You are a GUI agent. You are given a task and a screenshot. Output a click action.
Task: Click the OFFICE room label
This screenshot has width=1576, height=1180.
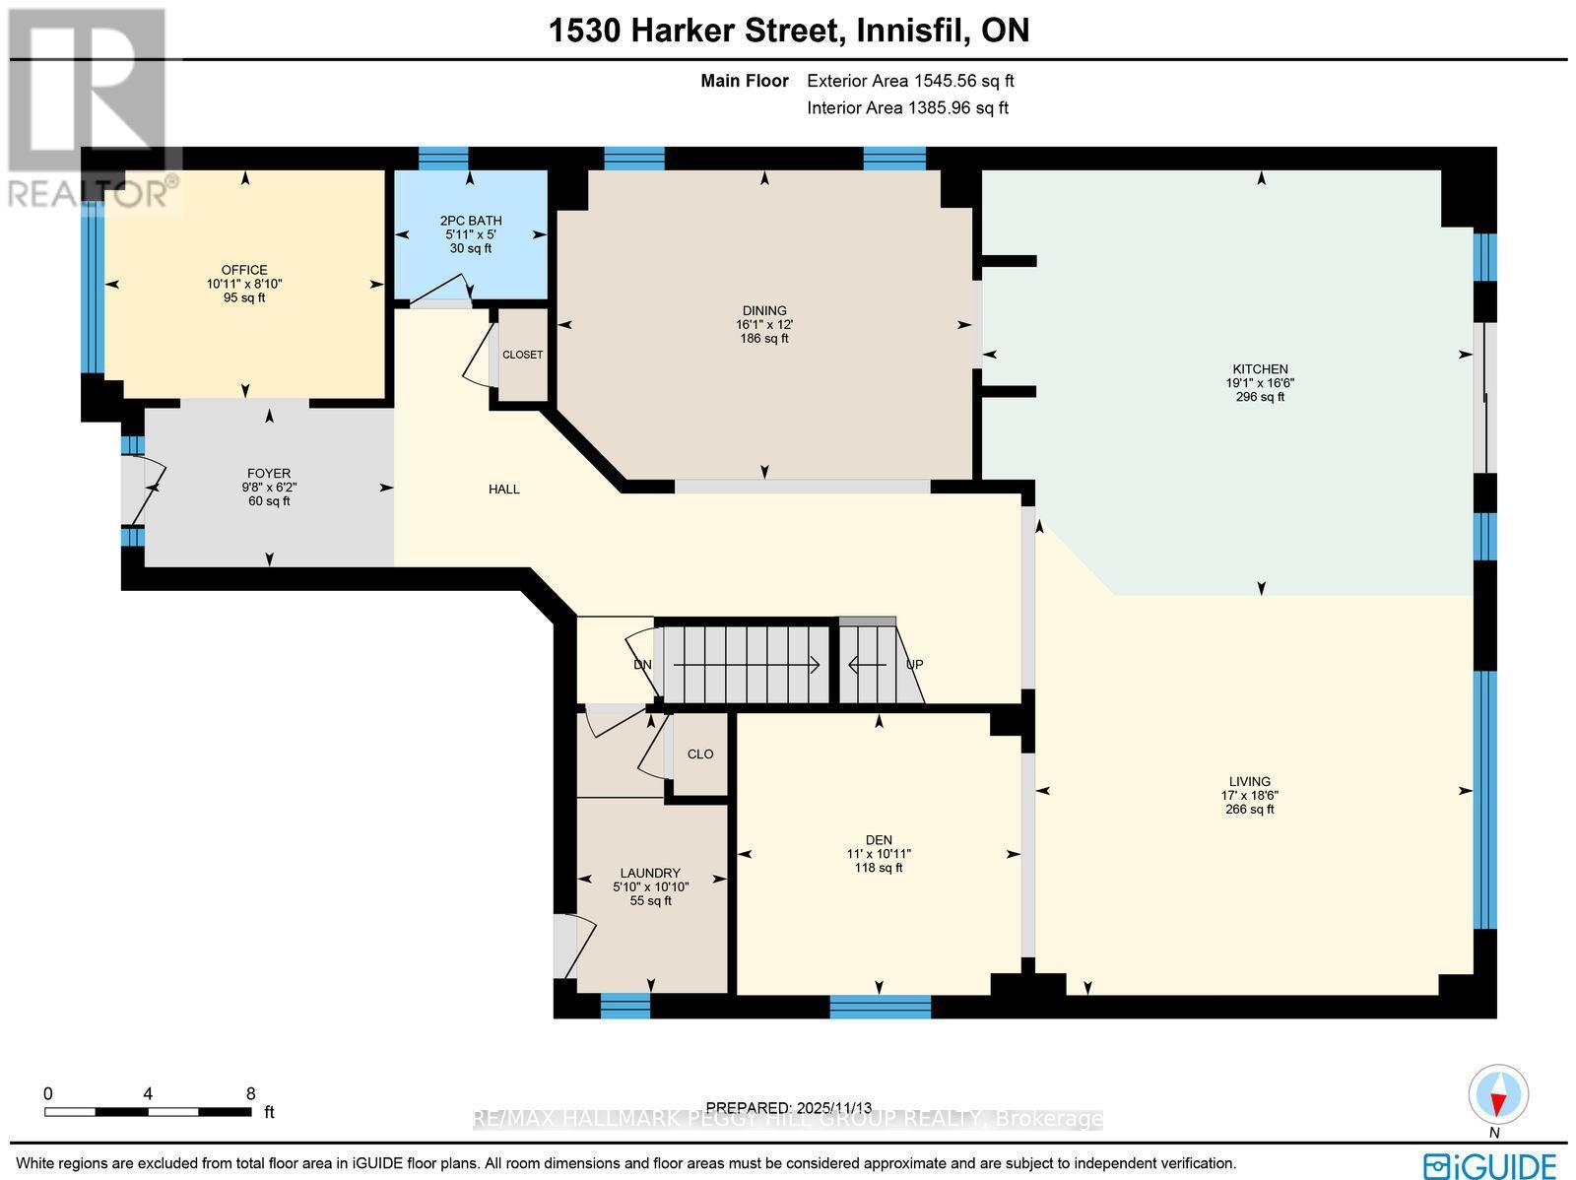click(244, 270)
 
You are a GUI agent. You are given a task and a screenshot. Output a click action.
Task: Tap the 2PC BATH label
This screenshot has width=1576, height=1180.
click(471, 221)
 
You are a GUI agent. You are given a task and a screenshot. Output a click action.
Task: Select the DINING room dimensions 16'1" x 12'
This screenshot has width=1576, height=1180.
click(764, 324)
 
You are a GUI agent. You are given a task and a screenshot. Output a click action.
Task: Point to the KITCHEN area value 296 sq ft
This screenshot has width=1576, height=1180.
click(1260, 397)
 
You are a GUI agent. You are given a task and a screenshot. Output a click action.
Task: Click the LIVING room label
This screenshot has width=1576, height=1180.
click(1249, 782)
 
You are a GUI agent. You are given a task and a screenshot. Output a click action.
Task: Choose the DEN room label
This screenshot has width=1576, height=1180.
click(879, 840)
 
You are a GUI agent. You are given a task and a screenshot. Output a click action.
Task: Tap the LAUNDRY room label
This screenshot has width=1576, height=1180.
click(650, 873)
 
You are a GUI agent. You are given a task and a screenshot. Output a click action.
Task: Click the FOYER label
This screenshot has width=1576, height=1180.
click(269, 474)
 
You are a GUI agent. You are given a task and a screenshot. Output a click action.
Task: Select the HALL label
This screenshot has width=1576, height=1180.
click(504, 490)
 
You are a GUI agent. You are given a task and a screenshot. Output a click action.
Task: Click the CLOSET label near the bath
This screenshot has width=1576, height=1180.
click(523, 355)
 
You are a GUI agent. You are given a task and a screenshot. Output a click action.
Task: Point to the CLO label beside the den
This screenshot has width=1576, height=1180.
click(700, 754)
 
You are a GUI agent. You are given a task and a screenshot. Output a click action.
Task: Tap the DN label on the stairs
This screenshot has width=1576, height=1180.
click(642, 665)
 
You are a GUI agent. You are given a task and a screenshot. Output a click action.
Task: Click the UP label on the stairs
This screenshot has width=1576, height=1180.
click(914, 665)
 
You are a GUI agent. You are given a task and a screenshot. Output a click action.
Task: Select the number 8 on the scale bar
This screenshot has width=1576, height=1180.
click(250, 1094)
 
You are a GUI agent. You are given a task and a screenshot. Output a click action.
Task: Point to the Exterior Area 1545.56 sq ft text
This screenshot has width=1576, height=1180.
click(910, 81)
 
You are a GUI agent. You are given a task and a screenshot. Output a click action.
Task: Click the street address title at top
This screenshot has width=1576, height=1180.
click(789, 31)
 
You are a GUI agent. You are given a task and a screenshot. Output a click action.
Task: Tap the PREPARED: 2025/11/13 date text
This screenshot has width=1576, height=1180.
click(789, 1108)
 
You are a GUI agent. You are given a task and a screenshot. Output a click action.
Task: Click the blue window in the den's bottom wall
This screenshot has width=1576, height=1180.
click(881, 1007)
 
